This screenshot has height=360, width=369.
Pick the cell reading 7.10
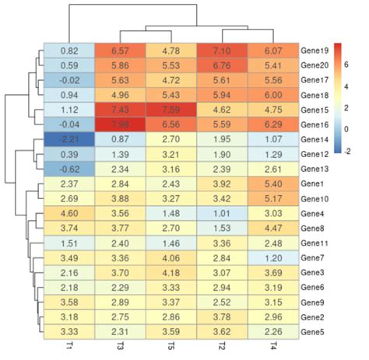[221, 50]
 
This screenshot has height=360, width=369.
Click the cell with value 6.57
[119, 50]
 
